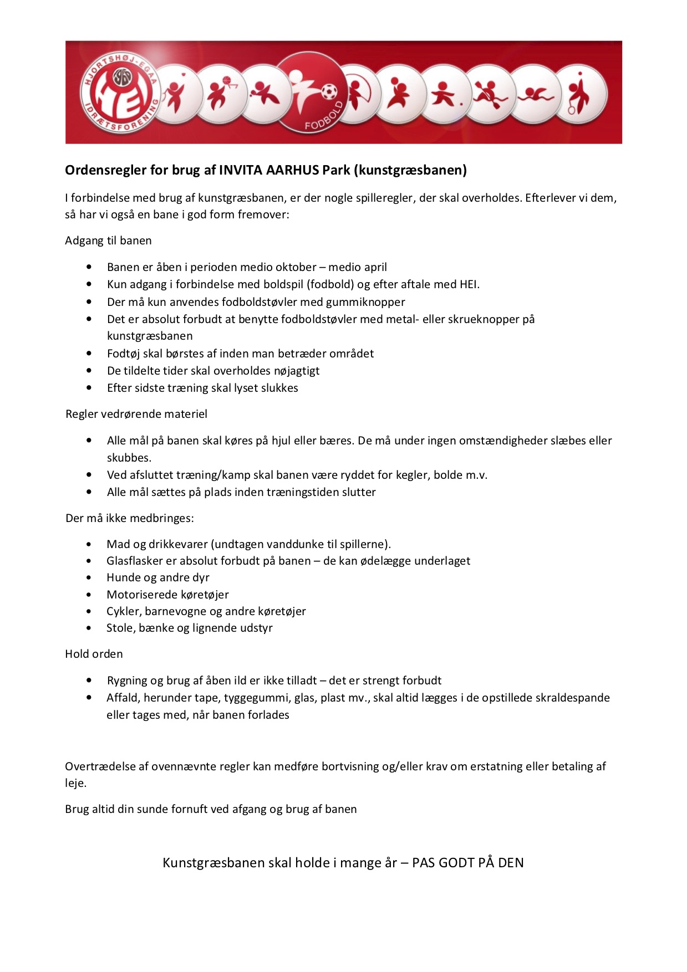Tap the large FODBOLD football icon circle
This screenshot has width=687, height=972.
pos(311,92)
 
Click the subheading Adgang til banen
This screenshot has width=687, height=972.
pos(108,241)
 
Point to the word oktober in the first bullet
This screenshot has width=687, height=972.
pos(296,267)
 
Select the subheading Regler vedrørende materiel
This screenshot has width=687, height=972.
pos(136,414)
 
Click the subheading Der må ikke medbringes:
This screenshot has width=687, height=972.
pos(130,518)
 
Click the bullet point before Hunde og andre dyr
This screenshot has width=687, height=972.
pos(89,578)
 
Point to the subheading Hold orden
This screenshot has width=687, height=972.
pos(94,654)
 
